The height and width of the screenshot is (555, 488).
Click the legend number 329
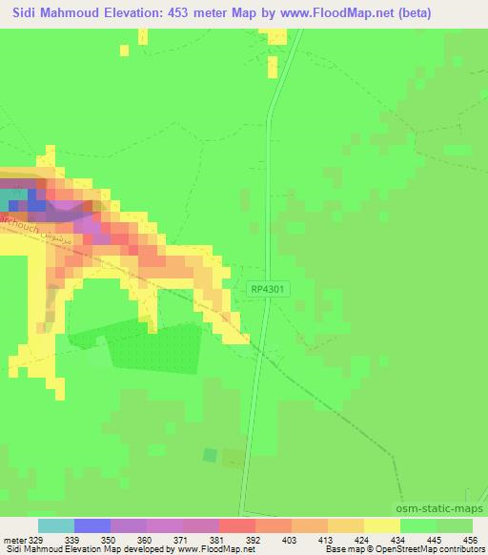[x=36, y=539]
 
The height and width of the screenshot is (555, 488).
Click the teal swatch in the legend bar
[x=55, y=525]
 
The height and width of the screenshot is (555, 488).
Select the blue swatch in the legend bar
[x=91, y=525]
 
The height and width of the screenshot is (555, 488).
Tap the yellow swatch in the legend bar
[x=382, y=525]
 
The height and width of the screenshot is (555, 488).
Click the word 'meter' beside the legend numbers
[x=12, y=539]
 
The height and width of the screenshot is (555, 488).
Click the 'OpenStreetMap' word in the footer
[x=405, y=550]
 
